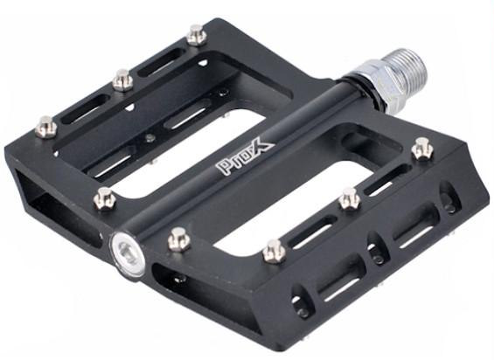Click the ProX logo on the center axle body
click(245, 158)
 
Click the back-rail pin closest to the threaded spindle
click(197, 35)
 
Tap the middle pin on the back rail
click(123, 80)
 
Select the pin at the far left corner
click(46, 127)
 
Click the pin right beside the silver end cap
click(179, 239)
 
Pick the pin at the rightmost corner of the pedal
click(423, 149)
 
